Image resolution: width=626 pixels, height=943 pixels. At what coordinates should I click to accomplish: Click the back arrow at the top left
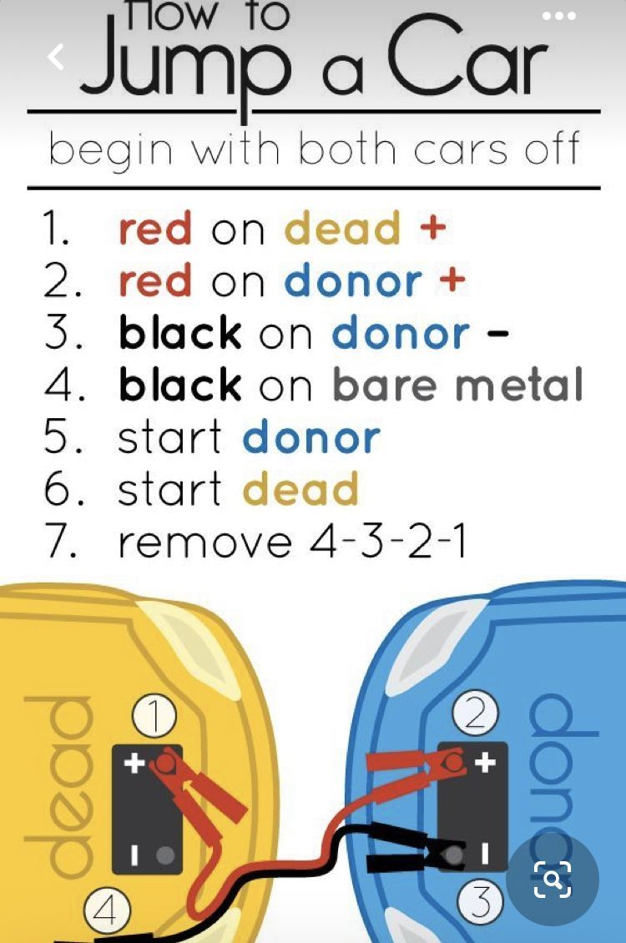point(55,57)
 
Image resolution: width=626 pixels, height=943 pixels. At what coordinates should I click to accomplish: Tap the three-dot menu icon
point(558,16)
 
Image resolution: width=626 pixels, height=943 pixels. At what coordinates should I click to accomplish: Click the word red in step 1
point(155,229)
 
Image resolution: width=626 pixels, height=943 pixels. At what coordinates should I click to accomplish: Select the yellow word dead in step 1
point(342,229)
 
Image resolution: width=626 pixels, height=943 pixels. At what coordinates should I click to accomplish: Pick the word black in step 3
point(180,332)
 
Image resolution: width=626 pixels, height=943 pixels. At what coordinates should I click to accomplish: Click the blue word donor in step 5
point(311,438)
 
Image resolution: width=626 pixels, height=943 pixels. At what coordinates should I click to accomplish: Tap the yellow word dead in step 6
point(300,489)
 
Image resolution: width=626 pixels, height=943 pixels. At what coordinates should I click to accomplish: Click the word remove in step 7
point(205,543)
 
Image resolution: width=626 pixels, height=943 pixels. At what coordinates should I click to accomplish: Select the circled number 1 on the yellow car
point(154,717)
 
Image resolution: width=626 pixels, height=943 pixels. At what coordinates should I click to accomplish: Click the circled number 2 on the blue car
point(475,714)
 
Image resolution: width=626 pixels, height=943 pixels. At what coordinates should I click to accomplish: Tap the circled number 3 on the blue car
point(479,901)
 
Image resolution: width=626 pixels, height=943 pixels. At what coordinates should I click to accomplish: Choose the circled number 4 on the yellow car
point(105,910)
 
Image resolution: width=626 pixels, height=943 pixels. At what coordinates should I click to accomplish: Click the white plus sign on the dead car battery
point(134,763)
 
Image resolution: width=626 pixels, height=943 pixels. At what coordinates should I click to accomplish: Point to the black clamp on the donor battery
point(415,849)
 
